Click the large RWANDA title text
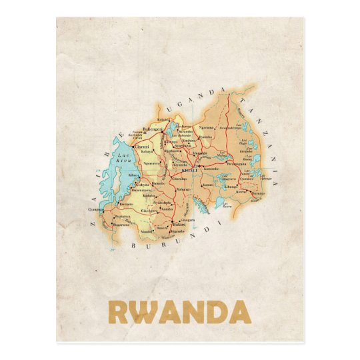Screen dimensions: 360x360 [179, 312]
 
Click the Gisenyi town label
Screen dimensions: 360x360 [141, 147]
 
